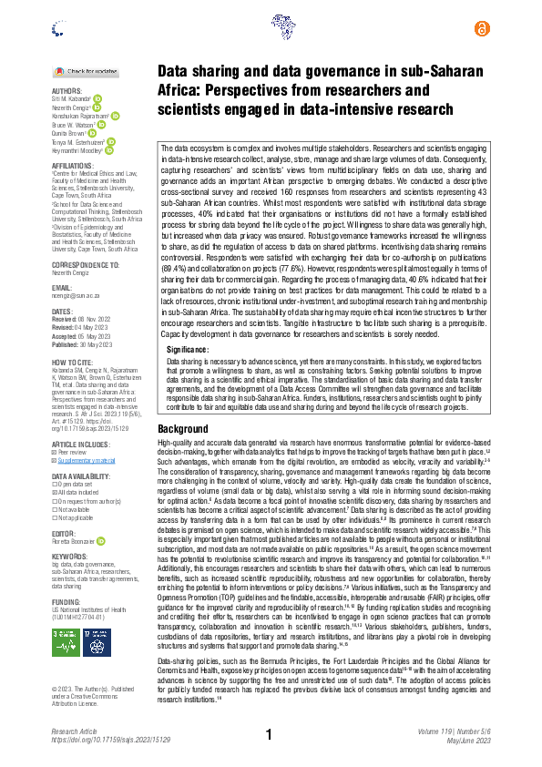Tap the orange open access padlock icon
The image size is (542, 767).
click(482, 29)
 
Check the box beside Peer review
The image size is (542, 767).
click(55, 454)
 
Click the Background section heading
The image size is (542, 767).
click(183, 428)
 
